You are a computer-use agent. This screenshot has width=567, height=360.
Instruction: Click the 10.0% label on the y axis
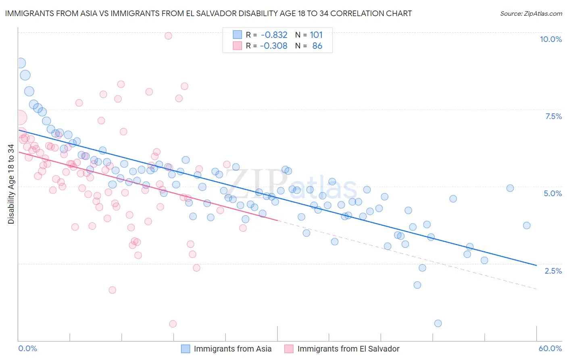click(551, 39)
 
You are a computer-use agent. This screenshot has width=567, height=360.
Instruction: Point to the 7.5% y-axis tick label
click(553, 116)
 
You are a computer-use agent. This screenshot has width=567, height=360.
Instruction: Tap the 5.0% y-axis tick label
click(552, 193)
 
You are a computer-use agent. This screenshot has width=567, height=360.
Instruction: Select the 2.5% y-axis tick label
click(553, 271)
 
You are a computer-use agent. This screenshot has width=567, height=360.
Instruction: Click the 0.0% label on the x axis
click(27, 348)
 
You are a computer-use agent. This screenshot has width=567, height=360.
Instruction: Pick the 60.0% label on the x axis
click(550, 348)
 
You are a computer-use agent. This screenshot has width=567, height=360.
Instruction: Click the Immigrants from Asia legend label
click(233, 349)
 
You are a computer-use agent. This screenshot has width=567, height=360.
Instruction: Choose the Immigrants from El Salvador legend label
click(348, 349)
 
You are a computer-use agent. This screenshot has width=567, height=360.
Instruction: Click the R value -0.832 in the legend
click(274, 35)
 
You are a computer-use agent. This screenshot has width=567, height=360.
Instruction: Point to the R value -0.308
click(274, 46)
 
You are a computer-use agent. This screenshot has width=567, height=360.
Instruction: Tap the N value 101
click(316, 35)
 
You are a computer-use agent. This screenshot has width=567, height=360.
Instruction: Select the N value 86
click(317, 46)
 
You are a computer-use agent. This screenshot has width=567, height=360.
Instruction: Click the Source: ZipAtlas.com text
click(531, 14)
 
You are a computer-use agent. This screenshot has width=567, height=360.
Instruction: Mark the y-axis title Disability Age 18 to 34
click(11, 184)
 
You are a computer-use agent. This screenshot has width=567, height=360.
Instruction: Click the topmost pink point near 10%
click(168, 36)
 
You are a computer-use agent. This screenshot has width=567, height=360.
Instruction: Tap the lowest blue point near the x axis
click(438, 323)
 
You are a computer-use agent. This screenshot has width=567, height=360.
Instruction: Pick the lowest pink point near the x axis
click(173, 324)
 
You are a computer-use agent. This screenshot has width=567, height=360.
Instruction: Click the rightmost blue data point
click(527, 226)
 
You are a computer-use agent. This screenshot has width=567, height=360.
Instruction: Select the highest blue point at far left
click(21, 63)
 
